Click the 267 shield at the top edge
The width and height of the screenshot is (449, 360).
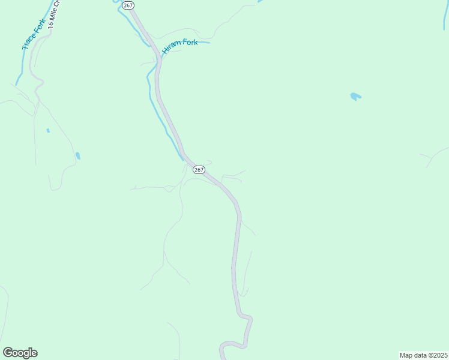click(x=127, y=5)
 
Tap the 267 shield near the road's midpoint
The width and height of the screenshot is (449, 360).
click(x=199, y=170)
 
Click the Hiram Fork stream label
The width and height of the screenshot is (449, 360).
click(x=179, y=47)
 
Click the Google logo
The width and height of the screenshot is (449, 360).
click(x=20, y=353)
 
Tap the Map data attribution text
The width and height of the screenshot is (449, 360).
click(x=423, y=355)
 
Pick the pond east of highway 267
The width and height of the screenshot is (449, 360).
click(x=355, y=95)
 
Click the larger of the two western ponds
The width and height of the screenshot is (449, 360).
click(x=77, y=155)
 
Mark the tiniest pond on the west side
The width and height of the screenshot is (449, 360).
click(x=47, y=130)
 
